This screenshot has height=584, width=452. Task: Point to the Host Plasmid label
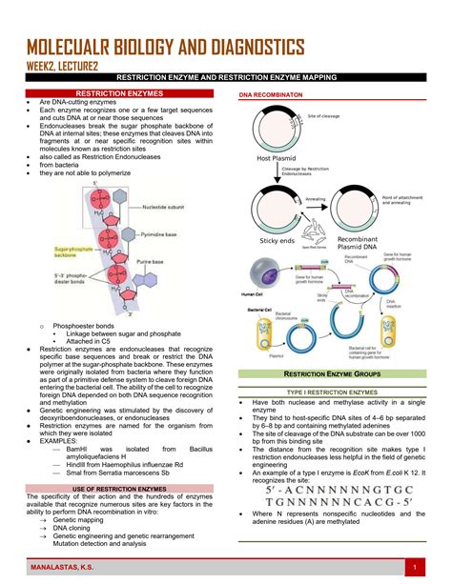coord(277,158)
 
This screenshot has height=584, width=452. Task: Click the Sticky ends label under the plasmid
coord(277,240)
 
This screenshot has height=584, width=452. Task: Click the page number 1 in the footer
coord(416,569)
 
